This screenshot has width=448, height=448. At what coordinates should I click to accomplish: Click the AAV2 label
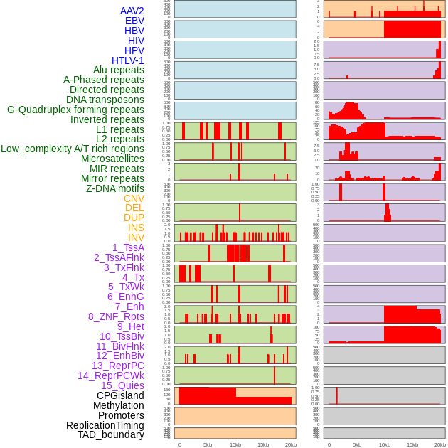132,11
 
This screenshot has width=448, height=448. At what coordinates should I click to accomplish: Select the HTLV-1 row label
128,60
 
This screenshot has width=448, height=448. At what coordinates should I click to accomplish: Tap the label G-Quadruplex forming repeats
75,110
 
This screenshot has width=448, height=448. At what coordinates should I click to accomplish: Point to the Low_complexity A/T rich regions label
73,149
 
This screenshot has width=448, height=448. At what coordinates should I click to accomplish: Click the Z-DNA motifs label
115,188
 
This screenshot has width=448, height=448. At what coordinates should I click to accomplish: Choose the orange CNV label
134,198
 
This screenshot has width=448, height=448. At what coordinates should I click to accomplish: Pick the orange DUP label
134,218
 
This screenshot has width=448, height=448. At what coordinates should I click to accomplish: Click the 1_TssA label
128,247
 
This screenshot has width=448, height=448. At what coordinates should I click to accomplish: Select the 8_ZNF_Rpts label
116,316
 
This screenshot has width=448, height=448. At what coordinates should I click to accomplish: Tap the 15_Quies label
122,385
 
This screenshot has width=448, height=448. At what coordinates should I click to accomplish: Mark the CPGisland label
120,395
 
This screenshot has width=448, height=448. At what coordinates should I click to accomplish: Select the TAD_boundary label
111,434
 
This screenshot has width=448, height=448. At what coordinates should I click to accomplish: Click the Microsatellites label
112,159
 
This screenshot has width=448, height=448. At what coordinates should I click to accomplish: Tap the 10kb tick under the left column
235,444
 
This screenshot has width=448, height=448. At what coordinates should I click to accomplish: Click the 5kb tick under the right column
356,444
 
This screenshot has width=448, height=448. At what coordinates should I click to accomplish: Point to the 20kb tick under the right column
440,444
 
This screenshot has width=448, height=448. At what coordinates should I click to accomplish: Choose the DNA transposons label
105,100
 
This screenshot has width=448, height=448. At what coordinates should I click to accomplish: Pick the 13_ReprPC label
118,366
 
